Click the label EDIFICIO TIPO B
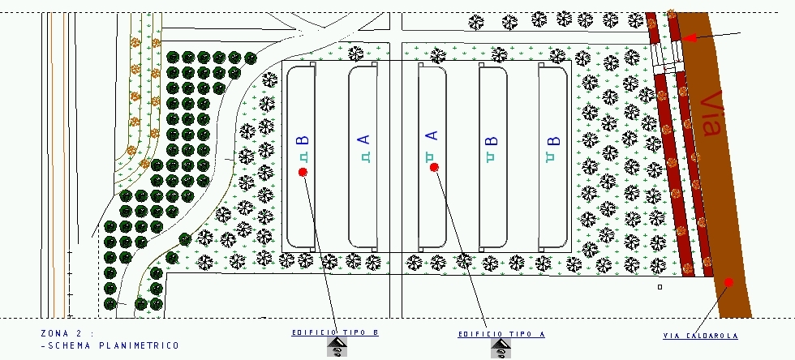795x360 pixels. [x=335, y=332]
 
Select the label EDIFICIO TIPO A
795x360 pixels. [x=501, y=334]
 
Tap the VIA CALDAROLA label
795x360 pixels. [x=700, y=336]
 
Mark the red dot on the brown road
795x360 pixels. [x=728, y=282]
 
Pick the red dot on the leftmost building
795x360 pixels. [x=303, y=172]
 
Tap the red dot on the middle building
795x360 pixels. [x=434, y=167]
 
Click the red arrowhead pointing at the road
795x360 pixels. [x=689, y=37]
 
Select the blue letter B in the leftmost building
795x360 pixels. [x=303, y=141]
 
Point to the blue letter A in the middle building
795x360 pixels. [x=432, y=136]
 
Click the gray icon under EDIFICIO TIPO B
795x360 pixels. [x=338, y=349]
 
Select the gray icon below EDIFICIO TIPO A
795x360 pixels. [x=501, y=349]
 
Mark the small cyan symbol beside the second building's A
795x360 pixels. [x=364, y=157]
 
